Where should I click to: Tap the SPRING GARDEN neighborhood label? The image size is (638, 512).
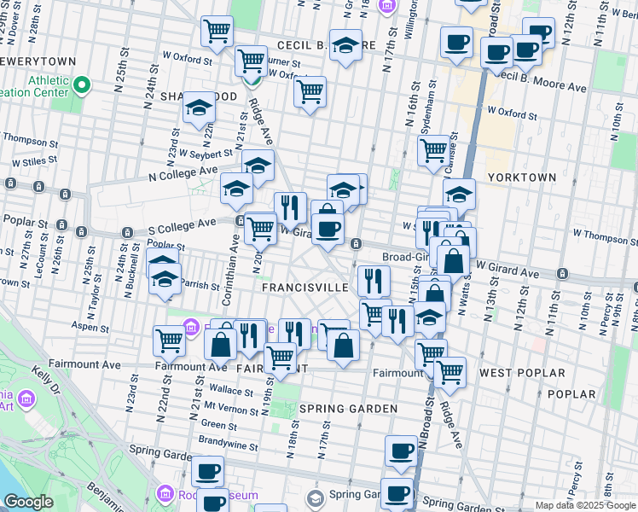point(348,409)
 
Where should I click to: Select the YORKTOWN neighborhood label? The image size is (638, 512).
point(522,177)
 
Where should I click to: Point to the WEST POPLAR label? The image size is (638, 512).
point(522,373)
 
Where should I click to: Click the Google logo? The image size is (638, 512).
point(28,502)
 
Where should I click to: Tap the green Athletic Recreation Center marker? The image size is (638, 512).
point(83,84)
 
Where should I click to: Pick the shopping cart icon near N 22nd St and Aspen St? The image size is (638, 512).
point(170,340)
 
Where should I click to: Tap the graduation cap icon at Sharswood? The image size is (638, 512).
point(199,107)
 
